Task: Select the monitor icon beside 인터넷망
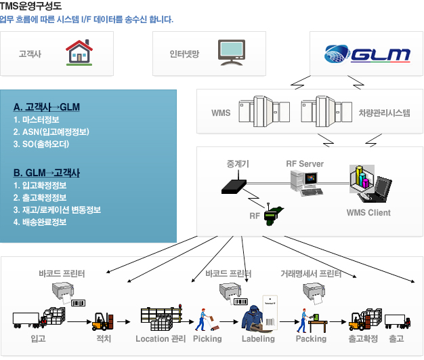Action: pyautogui.click(x=231, y=53)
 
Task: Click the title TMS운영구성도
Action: pyautogui.click(x=31, y=6)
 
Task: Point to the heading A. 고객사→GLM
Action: pyautogui.click(x=47, y=107)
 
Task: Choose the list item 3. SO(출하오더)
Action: pyautogui.click(x=41, y=144)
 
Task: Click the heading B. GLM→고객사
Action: pyautogui.click(x=47, y=172)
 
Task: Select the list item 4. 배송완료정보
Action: pyautogui.click(x=40, y=222)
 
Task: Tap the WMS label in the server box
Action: pyautogui.click(x=221, y=113)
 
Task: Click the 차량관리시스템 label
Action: pyautogui.click(x=384, y=113)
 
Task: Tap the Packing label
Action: pyautogui.click(x=311, y=338)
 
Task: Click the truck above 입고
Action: pyautogui.click(x=26, y=319)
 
